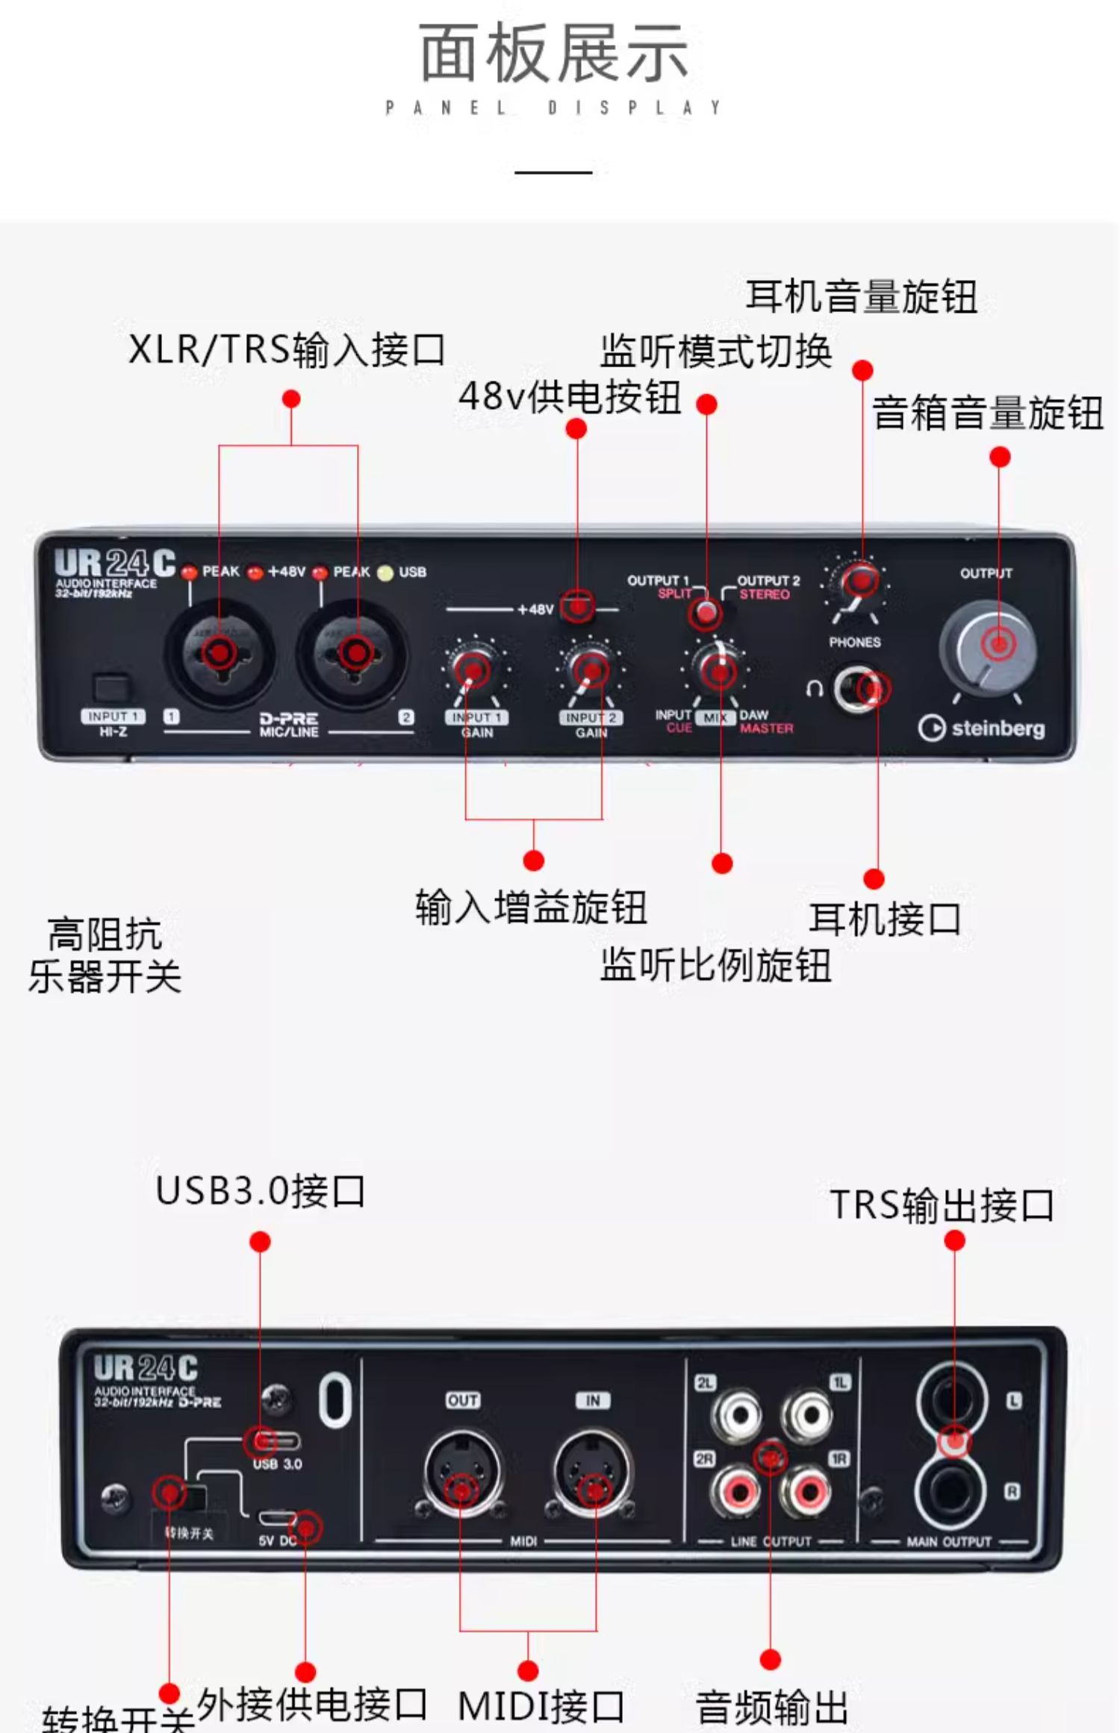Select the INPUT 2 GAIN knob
(591, 669)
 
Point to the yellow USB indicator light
(385, 572)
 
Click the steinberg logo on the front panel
(982, 728)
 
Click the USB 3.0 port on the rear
(277, 1440)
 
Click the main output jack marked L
(951, 1401)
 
